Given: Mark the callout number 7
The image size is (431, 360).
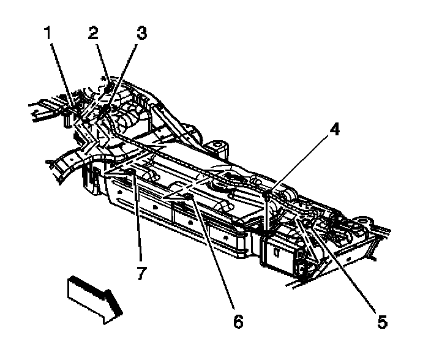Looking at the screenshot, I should [x=141, y=273].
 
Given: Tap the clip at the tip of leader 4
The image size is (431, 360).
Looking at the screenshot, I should [x=269, y=195].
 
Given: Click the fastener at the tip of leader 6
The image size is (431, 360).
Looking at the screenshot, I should [x=190, y=197].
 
